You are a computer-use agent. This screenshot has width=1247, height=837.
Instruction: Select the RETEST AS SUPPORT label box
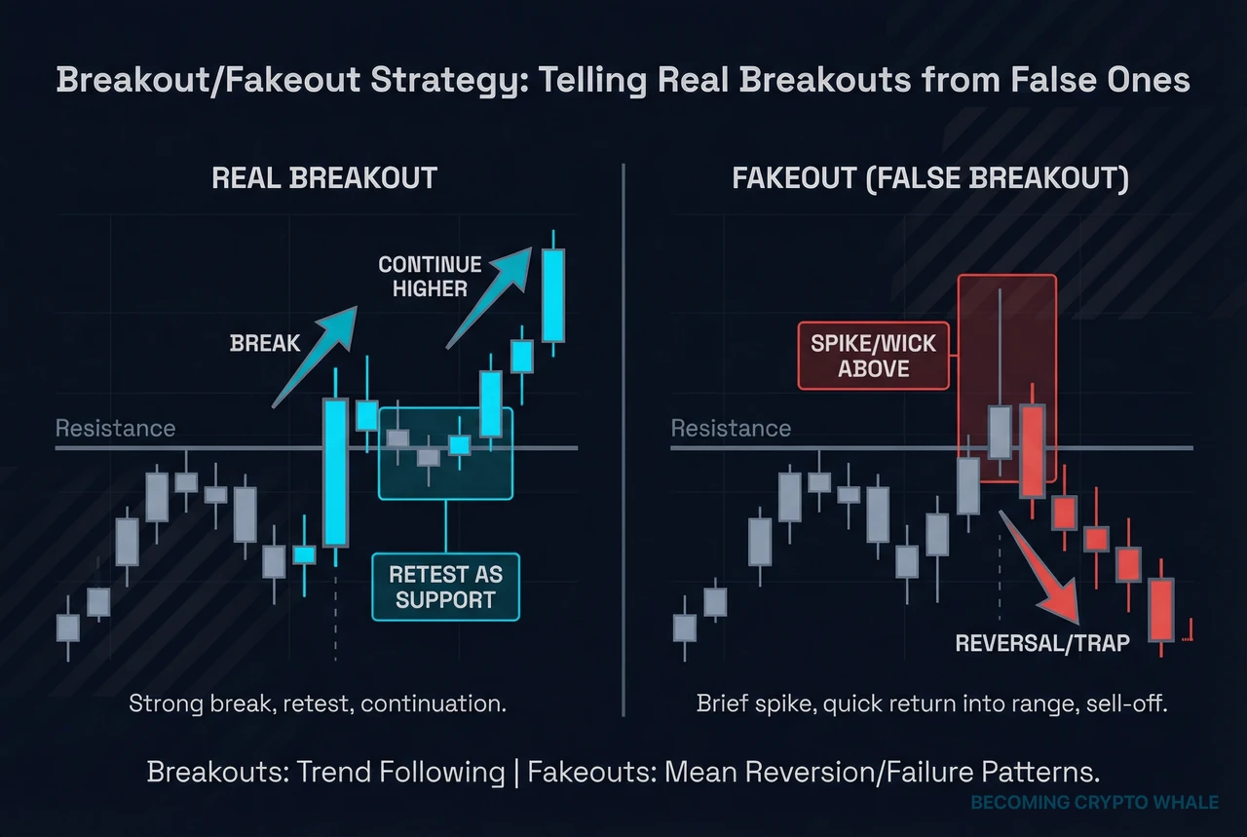(x=445, y=588)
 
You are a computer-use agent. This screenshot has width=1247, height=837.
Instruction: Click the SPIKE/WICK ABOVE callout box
(x=874, y=356)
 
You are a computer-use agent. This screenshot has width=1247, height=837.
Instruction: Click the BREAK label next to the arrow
(x=266, y=343)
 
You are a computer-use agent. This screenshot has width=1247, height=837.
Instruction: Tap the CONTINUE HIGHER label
(x=430, y=276)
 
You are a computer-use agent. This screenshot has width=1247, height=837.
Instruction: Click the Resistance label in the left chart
(x=115, y=428)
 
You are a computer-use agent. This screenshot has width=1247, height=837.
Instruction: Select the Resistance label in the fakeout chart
(x=731, y=428)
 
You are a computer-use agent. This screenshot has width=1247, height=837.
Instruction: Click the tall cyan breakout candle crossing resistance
(x=335, y=472)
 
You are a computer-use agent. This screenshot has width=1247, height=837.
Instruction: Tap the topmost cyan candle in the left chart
(x=553, y=295)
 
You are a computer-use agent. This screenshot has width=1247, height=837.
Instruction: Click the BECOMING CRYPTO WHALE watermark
(x=1094, y=803)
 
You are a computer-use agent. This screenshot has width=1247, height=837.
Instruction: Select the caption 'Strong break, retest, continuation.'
(x=318, y=703)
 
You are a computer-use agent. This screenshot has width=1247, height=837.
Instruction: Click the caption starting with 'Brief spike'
(x=931, y=703)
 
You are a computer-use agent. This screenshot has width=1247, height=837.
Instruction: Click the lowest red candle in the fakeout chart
(x=1160, y=610)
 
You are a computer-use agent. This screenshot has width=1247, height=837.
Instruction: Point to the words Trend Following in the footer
(x=410, y=773)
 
